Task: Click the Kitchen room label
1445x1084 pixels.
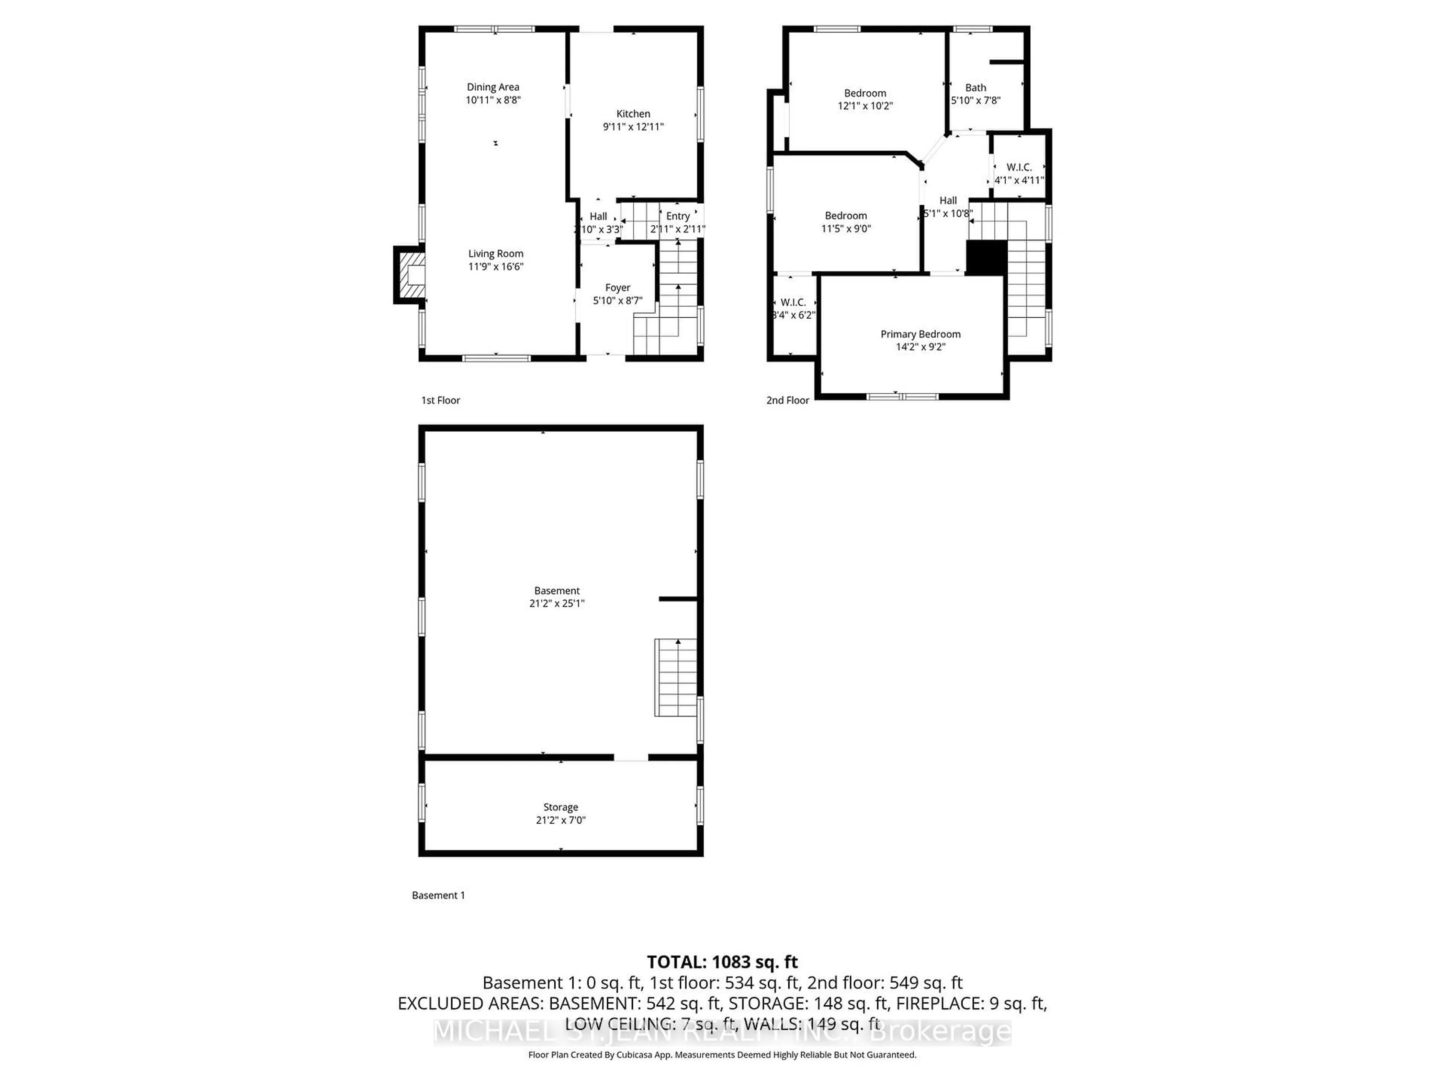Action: pyautogui.click(x=633, y=114)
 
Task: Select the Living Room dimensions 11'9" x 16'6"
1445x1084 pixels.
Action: pyautogui.click(x=496, y=266)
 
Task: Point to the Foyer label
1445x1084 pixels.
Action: pyautogui.click(x=618, y=288)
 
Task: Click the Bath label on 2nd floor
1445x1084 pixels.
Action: pyautogui.click(x=975, y=88)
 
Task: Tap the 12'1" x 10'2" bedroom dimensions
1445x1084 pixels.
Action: pyautogui.click(x=865, y=106)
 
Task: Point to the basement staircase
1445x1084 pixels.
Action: pyautogui.click(x=676, y=677)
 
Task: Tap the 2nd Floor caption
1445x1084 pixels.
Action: pyautogui.click(x=787, y=400)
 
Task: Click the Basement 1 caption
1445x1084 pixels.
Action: pyautogui.click(x=438, y=895)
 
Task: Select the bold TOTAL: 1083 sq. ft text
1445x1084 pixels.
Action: pyautogui.click(x=722, y=962)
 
